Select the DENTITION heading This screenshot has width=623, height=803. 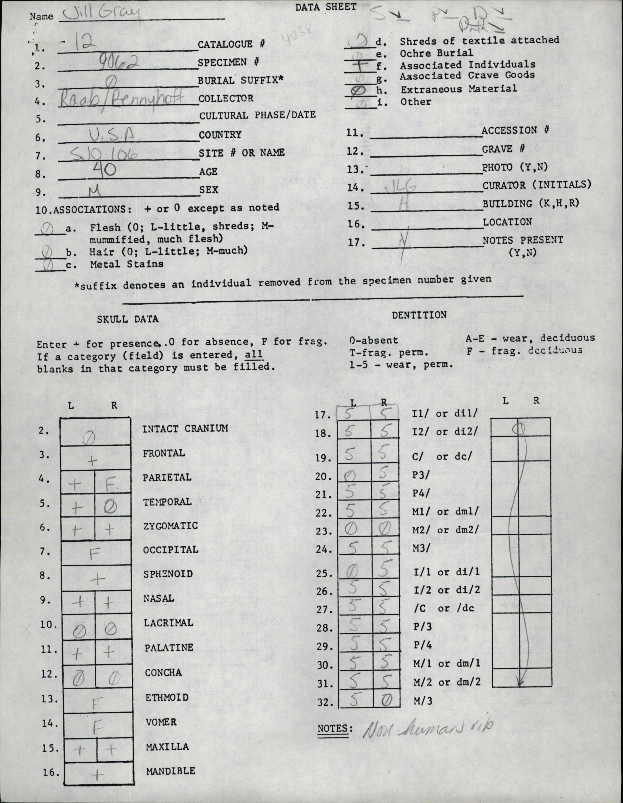point(419,315)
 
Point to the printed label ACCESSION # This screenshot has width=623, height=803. point(515,130)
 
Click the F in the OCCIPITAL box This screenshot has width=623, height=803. point(95,554)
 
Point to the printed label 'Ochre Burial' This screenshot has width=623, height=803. point(436,53)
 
